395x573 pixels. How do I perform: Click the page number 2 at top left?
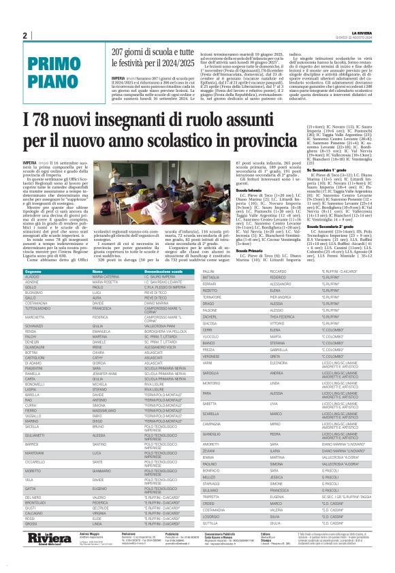(x=25, y=35)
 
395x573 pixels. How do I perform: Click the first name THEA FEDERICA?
(x=287, y=316)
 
